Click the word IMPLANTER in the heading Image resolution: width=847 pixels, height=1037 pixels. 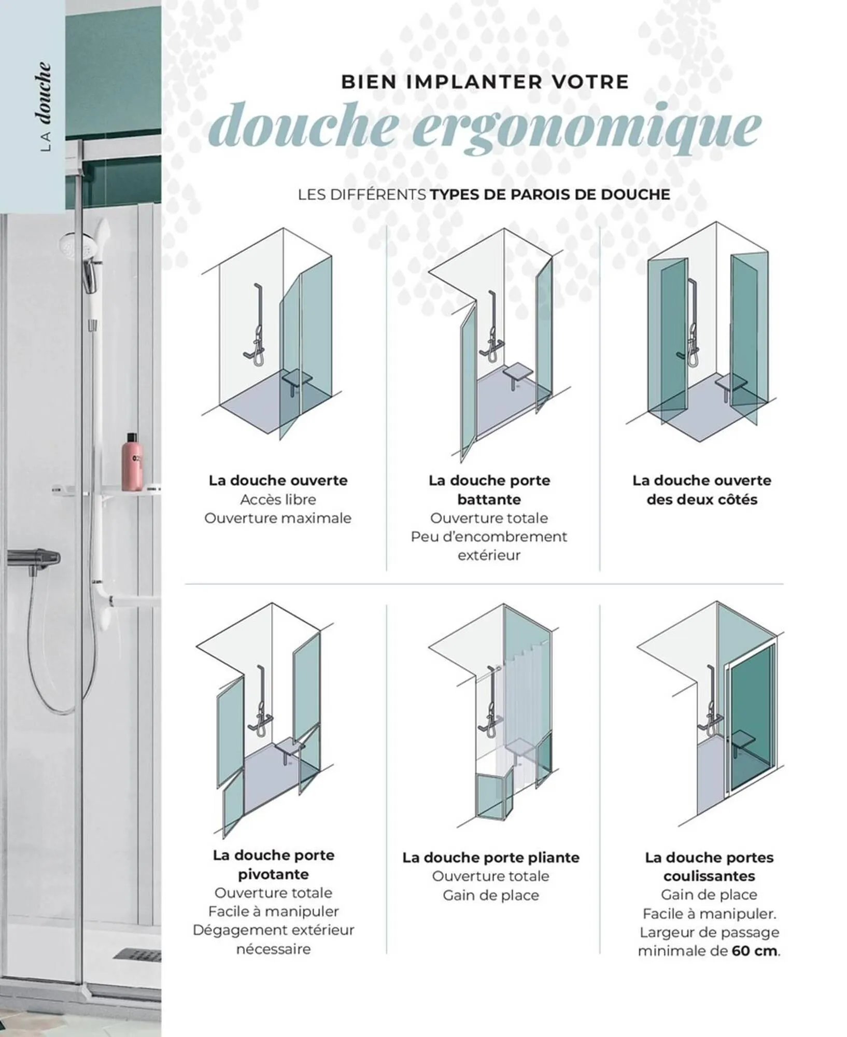(474, 82)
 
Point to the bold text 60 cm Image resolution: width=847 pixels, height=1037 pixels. (755, 951)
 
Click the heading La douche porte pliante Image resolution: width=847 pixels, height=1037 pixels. (490, 857)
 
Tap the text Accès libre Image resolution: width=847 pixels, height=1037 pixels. (278, 499)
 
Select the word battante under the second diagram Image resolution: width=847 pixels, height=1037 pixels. (489, 499)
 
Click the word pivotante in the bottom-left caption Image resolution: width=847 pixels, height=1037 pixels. (273, 874)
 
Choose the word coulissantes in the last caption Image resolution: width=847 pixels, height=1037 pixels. (709, 876)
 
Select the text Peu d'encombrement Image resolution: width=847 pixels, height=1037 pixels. (489, 537)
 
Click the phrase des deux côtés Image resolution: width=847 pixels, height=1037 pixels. (701, 499)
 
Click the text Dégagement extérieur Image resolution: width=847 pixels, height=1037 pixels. (273, 930)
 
